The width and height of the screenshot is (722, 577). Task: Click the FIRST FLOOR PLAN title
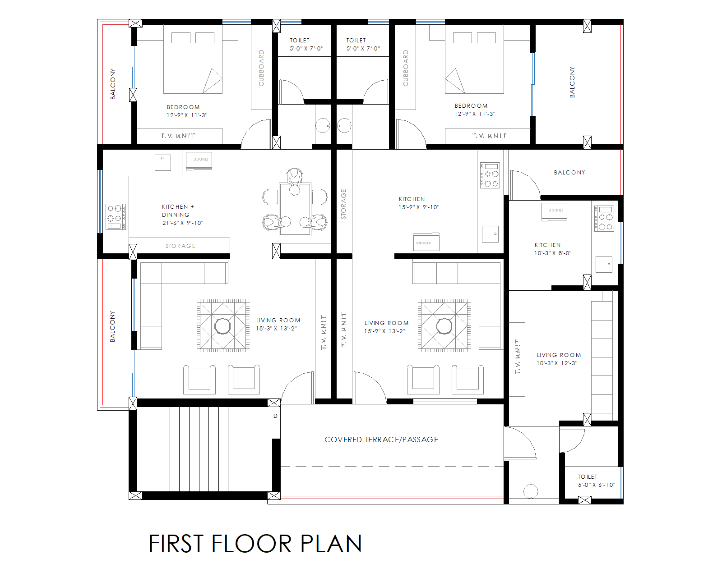(255, 544)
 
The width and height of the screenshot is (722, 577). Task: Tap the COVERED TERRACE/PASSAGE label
(381, 440)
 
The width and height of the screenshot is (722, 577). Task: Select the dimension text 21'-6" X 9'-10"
(183, 223)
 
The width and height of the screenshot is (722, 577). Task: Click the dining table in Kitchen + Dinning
(295, 209)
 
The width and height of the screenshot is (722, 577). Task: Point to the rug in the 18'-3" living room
(223, 325)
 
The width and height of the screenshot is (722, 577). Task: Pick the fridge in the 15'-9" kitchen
(426, 243)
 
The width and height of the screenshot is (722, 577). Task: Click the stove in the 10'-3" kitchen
(604, 218)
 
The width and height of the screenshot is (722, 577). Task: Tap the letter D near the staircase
(275, 416)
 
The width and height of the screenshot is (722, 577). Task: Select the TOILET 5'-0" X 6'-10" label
(596, 481)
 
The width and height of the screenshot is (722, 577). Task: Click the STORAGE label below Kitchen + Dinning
(180, 246)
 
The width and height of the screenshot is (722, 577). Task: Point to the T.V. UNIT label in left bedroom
(178, 136)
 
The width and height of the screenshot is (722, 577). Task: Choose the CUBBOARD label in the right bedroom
(405, 68)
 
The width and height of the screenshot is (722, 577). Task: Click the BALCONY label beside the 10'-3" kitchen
(569, 173)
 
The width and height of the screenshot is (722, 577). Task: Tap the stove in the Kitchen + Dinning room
(116, 217)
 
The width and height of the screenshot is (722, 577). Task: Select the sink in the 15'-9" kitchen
(490, 234)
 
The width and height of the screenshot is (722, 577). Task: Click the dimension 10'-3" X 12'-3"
(557, 363)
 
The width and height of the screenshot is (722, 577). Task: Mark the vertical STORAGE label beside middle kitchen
(343, 204)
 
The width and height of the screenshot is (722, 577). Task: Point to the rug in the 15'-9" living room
(444, 325)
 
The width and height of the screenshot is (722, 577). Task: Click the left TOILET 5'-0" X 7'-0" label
(306, 44)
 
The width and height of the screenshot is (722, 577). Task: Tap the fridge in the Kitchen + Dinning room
(199, 160)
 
